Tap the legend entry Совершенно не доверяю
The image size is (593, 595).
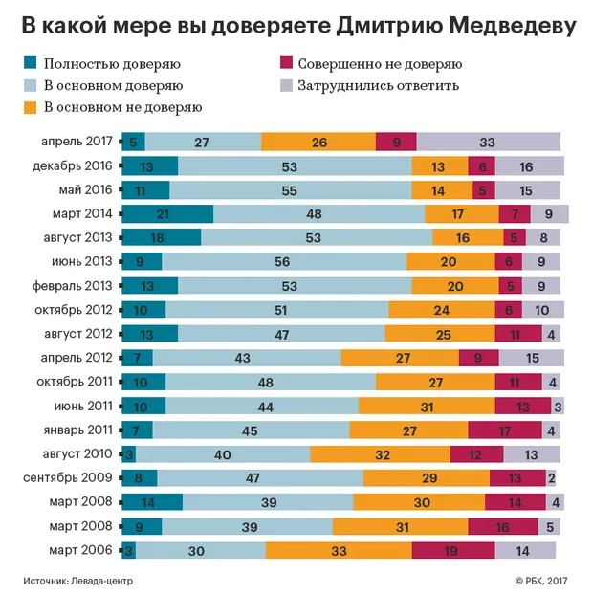click(378, 65)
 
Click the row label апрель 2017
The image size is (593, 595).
click(77, 142)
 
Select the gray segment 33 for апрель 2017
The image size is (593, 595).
click(488, 142)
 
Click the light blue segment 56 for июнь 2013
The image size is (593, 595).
click(283, 261)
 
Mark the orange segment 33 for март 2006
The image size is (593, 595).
click(339, 550)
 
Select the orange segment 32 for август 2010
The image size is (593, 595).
click(380, 453)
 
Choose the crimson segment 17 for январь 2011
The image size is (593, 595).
click(505, 430)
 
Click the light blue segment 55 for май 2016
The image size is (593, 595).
click(290, 189)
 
